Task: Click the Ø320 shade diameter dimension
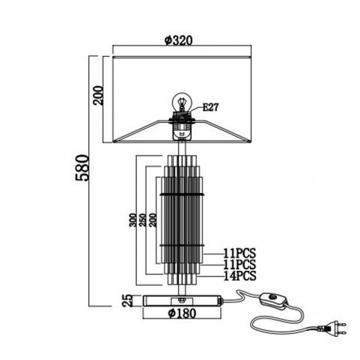point(179,40)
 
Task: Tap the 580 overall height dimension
point(82,168)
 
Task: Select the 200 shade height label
point(98,95)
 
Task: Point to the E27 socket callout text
point(210,107)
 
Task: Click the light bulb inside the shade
point(182,103)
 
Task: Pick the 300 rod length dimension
point(133,220)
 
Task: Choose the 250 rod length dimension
point(143,220)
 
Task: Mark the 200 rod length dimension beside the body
point(153,220)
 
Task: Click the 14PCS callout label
point(240,275)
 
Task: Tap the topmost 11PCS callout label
point(240,254)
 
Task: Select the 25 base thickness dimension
point(127,300)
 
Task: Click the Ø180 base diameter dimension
point(182,313)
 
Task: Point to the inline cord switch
point(272,301)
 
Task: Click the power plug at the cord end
point(335,328)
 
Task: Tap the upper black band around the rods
point(182,194)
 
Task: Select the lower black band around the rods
point(182,245)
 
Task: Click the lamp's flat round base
point(183,301)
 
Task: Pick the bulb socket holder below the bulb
point(182,125)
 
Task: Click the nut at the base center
point(182,299)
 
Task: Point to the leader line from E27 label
point(196,109)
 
